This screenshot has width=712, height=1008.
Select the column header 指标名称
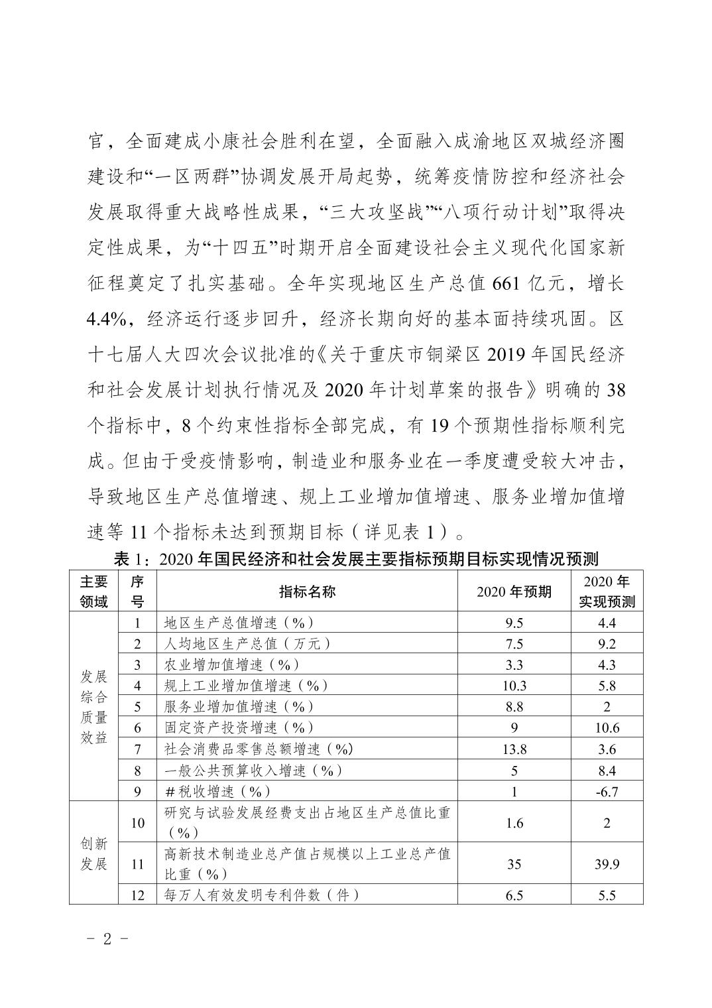(x=307, y=592)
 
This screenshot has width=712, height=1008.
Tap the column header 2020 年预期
(x=514, y=592)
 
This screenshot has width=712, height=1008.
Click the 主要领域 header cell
(x=93, y=592)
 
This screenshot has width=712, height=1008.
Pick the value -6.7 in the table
(x=607, y=791)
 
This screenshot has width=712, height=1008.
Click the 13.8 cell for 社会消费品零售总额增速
(x=514, y=749)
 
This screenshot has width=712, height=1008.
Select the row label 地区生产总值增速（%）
(x=239, y=623)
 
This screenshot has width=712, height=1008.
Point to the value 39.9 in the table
(x=607, y=864)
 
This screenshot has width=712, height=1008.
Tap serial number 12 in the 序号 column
(x=138, y=895)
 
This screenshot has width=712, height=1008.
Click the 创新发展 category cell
(x=93, y=853)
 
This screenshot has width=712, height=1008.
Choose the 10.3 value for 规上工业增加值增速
(x=514, y=686)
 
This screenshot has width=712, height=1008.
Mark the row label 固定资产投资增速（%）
(x=239, y=727)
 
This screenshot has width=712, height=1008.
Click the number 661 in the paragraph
(x=508, y=284)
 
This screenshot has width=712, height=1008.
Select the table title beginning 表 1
(x=356, y=558)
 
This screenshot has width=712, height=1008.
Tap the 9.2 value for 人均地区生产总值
(x=607, y=644)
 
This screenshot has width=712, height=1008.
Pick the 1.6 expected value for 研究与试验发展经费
(x=514, y=823)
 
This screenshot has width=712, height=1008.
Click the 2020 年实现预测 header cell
(x=607, y=592)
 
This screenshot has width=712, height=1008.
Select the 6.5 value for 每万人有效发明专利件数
(x=514, y=895)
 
